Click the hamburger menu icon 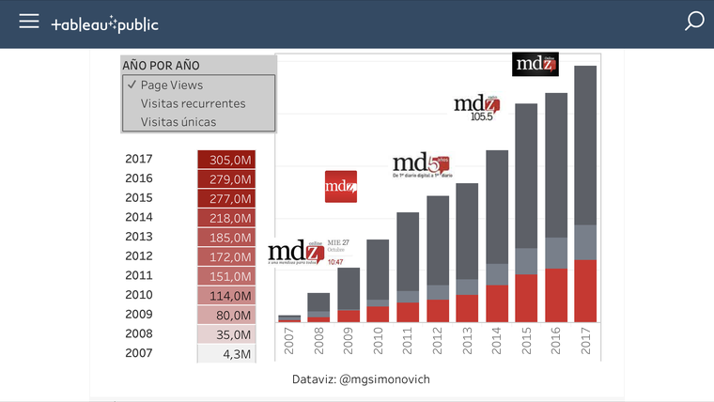click(29, 22)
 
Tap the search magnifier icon click(694, 22)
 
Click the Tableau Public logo click(104, 23)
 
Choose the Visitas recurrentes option click(193, 103)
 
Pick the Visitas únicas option click(178, 122)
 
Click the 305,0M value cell click(225, 160)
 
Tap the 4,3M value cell click(225, 354)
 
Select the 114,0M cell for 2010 click(225, 296)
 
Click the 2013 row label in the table click(138, 238)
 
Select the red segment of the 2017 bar click(585, 291)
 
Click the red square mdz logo click(340, 186)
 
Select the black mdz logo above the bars click(535, 64)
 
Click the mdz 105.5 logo click(476, 108)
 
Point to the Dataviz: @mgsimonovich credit click(361, 379)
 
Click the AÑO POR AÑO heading click(161, 66)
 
